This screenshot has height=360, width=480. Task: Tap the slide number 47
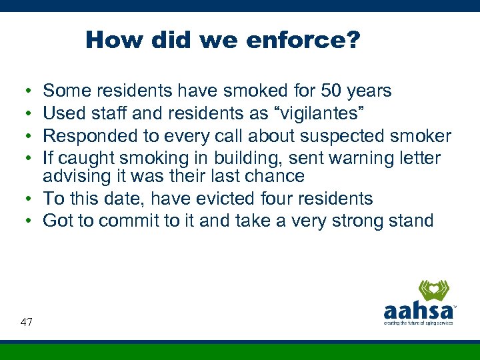tap(27, 322)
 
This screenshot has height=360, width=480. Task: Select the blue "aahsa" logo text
tap(418, 311)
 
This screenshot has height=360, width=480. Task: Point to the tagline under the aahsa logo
tap(418, 323)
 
